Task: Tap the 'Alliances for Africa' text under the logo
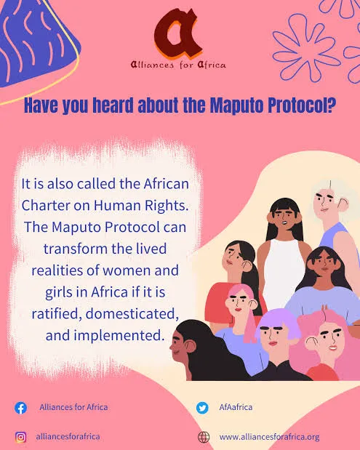click(x=178, y=65)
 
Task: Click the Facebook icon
click(x=20, y=408)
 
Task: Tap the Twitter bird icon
click(x=202, y=408)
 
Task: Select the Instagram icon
click(x=20, y=437)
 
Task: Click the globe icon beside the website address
click(x=203, y=437)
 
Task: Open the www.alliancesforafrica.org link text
click(x=269, y=437)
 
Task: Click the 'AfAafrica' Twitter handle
click(x=236, y=407)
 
